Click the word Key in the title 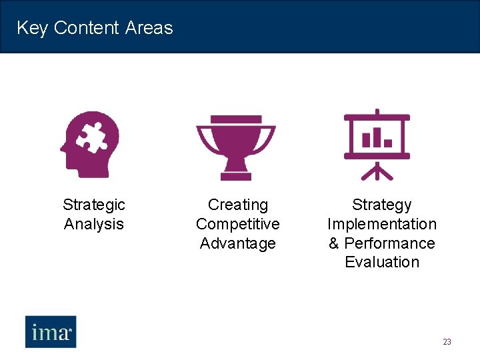tap(32, 28)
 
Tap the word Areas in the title tap(149, 28)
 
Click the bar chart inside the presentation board tap(377, 138)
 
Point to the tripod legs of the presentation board tap(377, 172)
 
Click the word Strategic tap(94, 205)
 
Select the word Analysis tap(94, 224)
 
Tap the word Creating tap(238, 205)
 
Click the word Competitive tap(238, 224)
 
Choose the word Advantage tap(238, 243)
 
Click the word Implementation tap(382, 224)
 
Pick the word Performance tap(389, 243)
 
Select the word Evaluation tap(382, 262)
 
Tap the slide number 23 tap(447, 342)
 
